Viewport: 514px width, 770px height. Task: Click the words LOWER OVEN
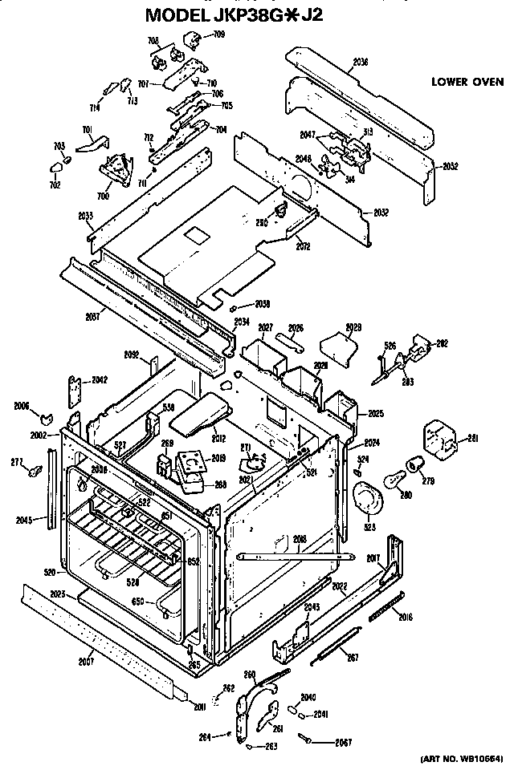(467, 82)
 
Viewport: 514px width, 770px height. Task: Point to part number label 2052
(450, 166)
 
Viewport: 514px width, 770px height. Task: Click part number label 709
(218, 34)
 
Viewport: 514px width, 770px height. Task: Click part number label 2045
(24, 520)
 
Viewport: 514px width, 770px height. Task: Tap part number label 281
(472, 437)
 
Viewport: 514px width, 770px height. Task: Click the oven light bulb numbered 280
(394, 480)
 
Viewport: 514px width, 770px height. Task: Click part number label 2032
(381, 213)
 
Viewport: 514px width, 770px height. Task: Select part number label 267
(351, 659)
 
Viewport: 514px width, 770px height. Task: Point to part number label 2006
(21, 407)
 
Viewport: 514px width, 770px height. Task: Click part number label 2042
(99, 379)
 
